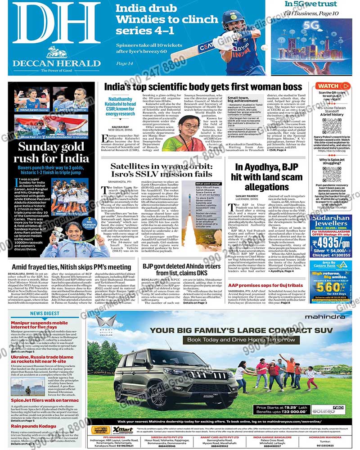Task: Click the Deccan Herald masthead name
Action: pos(56,63)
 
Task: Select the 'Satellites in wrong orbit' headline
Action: pos(161,170)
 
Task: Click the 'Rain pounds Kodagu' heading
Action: pos(34,426)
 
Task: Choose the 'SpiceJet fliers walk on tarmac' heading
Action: pos(45,400)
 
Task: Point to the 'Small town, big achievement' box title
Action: pos(244,100)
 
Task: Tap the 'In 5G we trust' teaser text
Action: pos(318,4)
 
